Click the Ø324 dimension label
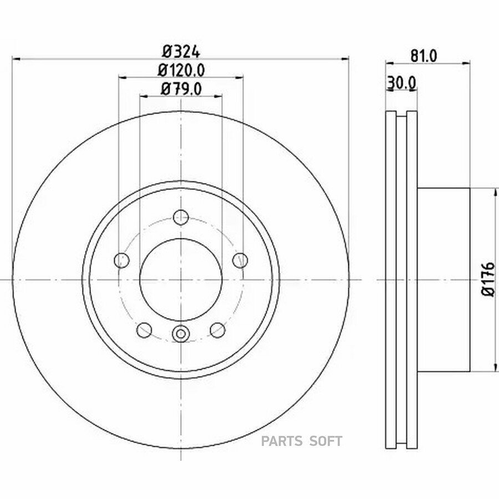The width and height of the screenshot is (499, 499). tap(181, 52)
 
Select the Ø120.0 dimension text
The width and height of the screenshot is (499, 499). tap(181, 70)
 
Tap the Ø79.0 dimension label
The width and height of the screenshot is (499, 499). tap(181, 89)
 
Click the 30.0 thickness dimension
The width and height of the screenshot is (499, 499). tap(401, 83)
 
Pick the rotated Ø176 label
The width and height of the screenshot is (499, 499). tap(488, 279)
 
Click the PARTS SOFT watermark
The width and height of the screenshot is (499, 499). tap(302, 441)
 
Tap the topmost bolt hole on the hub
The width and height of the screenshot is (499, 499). tap(181, 217)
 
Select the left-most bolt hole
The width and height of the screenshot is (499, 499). tap(121, 261)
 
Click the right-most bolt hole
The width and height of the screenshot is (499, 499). tap(240, 261)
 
